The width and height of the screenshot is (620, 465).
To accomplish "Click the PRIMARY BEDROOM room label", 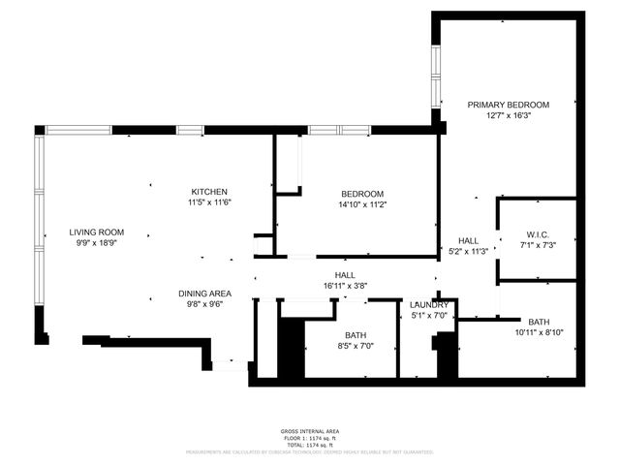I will tap(508, 105).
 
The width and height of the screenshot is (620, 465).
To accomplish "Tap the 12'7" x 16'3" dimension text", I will tap(508, 115).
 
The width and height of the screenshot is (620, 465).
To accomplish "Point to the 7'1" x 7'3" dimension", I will tap(538, 245).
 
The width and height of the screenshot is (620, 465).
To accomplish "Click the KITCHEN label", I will tap(209, 191).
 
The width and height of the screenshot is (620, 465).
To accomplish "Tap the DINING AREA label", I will tap(204, 294).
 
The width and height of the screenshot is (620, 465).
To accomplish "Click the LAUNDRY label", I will tap(428, 305).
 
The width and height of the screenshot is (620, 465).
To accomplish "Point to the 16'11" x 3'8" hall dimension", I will tap(345, 286).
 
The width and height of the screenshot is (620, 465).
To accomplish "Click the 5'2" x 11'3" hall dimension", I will tap(469, 251).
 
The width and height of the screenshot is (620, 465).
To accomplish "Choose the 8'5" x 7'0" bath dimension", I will tap(354, 345).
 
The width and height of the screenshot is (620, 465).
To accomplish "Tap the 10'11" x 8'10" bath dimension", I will tap(539, 332).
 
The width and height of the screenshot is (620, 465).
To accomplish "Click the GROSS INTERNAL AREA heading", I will tap(310, 431).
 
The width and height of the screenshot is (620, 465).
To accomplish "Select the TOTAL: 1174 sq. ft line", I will tap(310, 444).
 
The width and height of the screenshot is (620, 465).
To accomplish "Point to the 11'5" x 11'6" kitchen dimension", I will tap(209, 202).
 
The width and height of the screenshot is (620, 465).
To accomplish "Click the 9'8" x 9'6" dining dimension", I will tap(204, 304).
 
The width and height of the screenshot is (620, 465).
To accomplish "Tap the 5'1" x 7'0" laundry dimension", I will tap(428, 316).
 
